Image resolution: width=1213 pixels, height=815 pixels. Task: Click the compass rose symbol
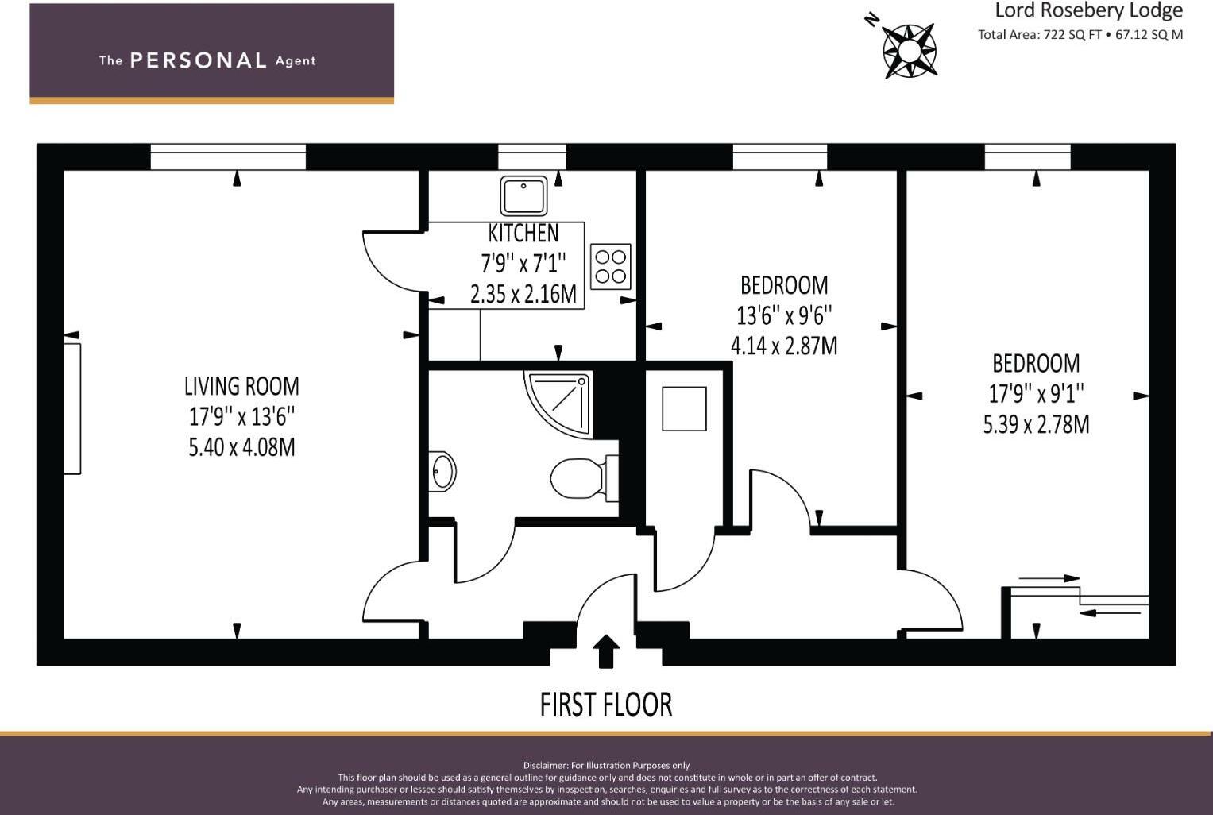pyautogui.click(x=910, y=51)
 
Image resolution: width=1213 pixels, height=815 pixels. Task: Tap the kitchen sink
pyautogui.click(x=523, y=195)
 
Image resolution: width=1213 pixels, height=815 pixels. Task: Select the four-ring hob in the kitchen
pyautogui.click(x=610, y=266)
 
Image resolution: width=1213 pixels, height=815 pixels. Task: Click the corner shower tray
pyautogui.click(x=558, y=404)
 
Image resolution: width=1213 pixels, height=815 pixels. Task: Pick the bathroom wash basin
pyautogui.click(x=442, y=472)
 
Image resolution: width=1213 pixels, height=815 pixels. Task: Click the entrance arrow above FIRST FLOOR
pyautogui.click(x=606, y=651)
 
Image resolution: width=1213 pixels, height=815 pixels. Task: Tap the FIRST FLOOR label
pyautogui.click(x=606, y=704)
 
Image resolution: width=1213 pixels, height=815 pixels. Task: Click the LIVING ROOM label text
pyautogui.click(x=241, y=387)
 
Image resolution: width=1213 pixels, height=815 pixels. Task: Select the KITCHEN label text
pyautogui.click(x=523, y=234)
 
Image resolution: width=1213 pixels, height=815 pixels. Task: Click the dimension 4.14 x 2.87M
pyautogui.click(x=784, y=346)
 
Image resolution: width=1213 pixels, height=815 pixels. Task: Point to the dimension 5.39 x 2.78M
pyautogui.click(x=1036, y=424)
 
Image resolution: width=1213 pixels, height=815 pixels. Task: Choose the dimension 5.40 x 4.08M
pyautogui.click(x=241, y=447)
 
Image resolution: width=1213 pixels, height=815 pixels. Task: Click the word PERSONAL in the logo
pyautogui.click(x=199, y=60)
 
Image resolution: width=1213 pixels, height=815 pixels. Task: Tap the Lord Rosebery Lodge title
pyautogui.click(x=1088, y=10)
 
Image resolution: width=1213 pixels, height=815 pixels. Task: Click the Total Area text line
pyautogui.click(x=1080, y=35)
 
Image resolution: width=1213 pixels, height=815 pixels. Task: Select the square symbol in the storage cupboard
pyautogui.click(x=684, y=409)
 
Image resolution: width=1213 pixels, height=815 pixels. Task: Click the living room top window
pyautogui.click(x=228, y=157)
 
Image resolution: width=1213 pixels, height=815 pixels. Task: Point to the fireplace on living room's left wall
pyautogui.click(x=72, y=409)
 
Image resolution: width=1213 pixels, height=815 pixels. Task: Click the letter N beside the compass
pyautogui.click(x=871, y=20)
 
